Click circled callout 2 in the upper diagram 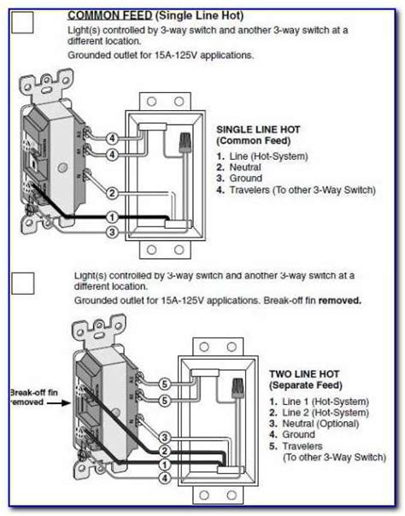(x=112, y=193)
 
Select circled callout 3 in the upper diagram (x=112, y=232)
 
